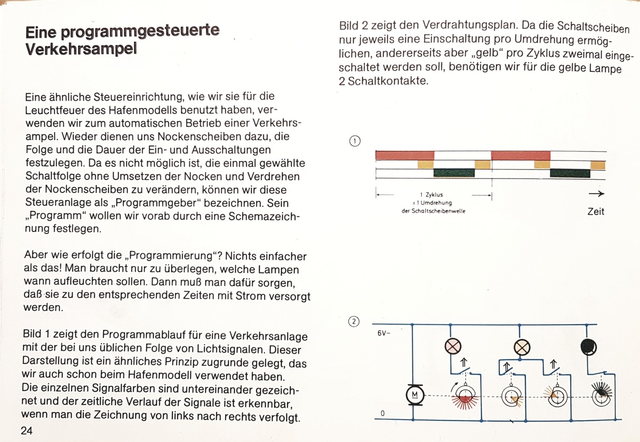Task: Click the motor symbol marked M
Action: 414,395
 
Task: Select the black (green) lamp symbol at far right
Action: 588,347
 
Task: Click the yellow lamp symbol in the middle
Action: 521,347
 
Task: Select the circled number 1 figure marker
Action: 355,141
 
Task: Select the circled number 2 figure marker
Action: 354,322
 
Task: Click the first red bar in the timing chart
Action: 405,155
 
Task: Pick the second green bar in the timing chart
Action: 570,173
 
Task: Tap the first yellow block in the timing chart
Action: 426,164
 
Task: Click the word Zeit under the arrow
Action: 595,212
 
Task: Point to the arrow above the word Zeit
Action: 597,194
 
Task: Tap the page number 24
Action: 27,431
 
